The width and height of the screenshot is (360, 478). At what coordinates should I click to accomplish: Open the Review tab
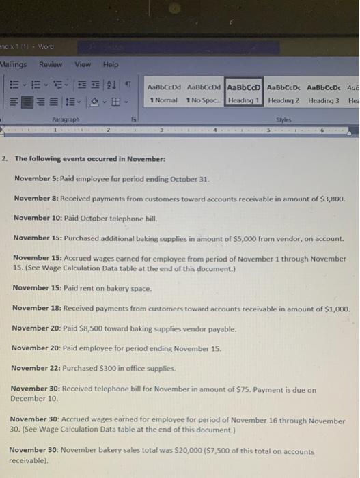(x=51, y=64)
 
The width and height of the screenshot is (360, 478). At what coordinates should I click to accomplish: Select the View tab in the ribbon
(x=83, y=64)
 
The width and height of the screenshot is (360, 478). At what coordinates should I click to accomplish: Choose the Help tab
(x=110, y=64)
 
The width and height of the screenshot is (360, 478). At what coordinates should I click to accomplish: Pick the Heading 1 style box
(x=243, y=94)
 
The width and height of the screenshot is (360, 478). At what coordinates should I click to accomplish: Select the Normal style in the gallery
(x=165, y=94)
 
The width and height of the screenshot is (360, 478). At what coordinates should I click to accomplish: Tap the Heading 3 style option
(x=323, y=94)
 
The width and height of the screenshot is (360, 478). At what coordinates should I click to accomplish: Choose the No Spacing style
(x=204, y=94)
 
